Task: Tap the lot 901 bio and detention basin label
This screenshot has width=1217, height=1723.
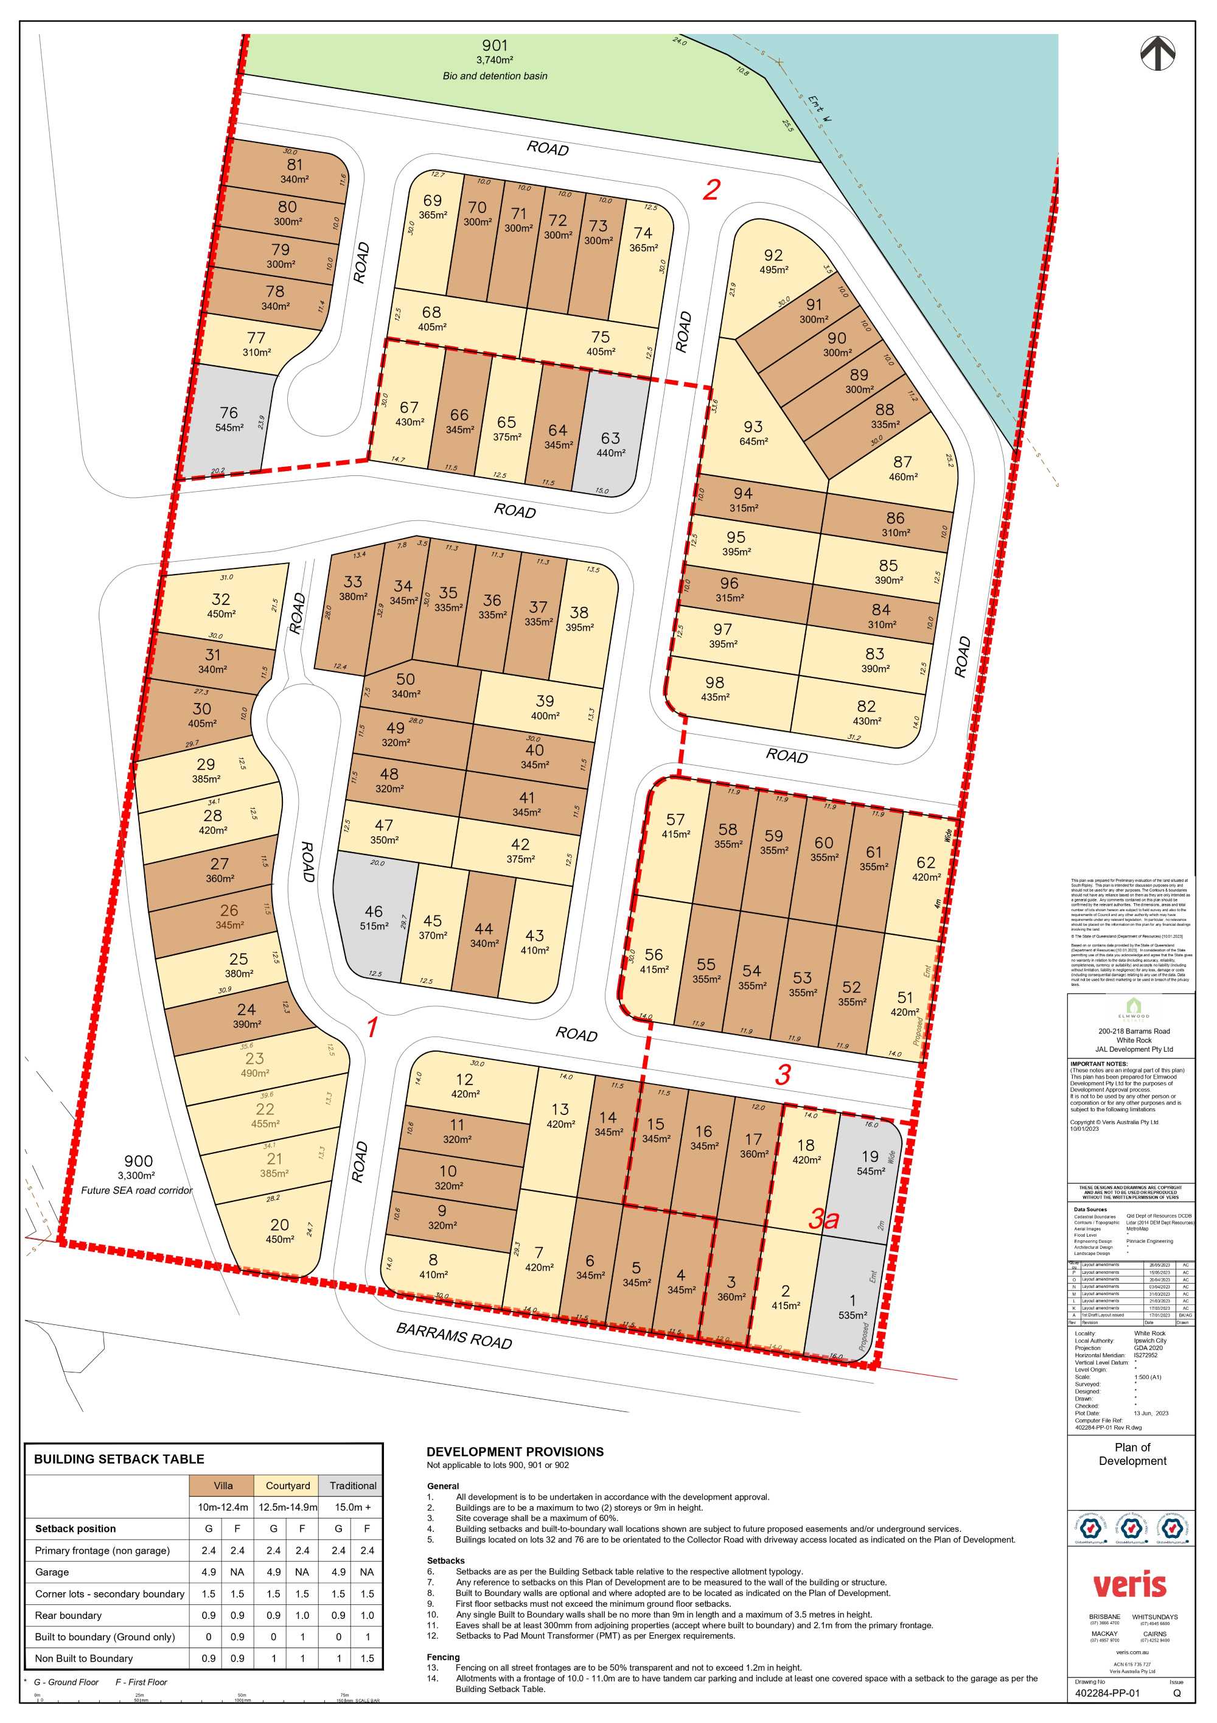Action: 495,60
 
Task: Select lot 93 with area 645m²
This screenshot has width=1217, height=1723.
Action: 753,432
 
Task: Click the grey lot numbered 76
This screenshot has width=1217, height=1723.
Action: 229,419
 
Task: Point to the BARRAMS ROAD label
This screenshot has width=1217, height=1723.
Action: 454,1335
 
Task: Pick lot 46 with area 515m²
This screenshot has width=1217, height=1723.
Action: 374,917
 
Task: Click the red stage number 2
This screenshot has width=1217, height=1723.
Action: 711,189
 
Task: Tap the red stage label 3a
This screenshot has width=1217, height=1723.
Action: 823,1218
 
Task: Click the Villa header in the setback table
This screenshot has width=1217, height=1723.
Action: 223,1485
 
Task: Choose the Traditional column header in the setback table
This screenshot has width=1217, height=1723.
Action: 353,1485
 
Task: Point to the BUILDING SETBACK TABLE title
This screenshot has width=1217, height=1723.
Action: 119,1459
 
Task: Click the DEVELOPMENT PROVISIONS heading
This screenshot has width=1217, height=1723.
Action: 515,1452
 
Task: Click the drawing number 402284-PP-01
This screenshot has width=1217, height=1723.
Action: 1107,1693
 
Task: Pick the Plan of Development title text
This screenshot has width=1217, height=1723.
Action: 1132,1453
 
